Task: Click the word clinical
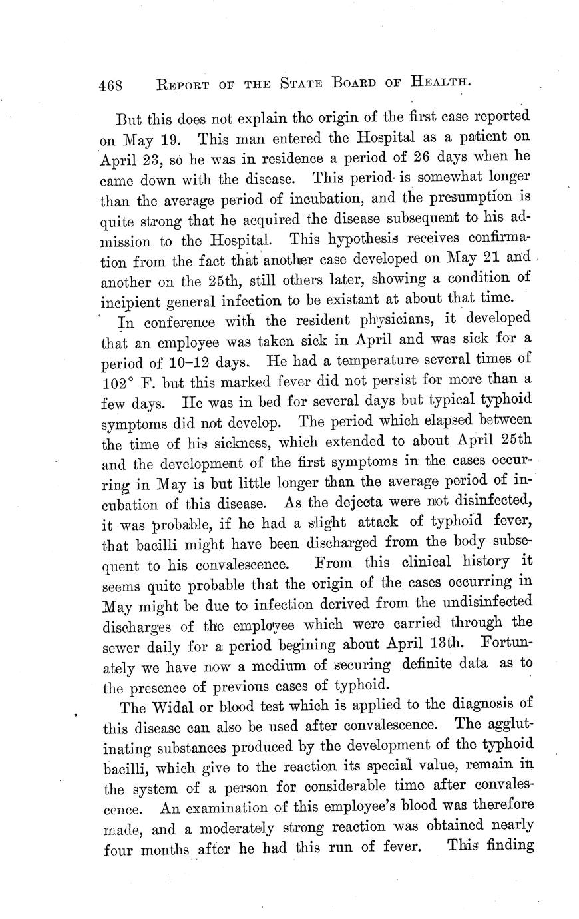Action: (x=433, y=562)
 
